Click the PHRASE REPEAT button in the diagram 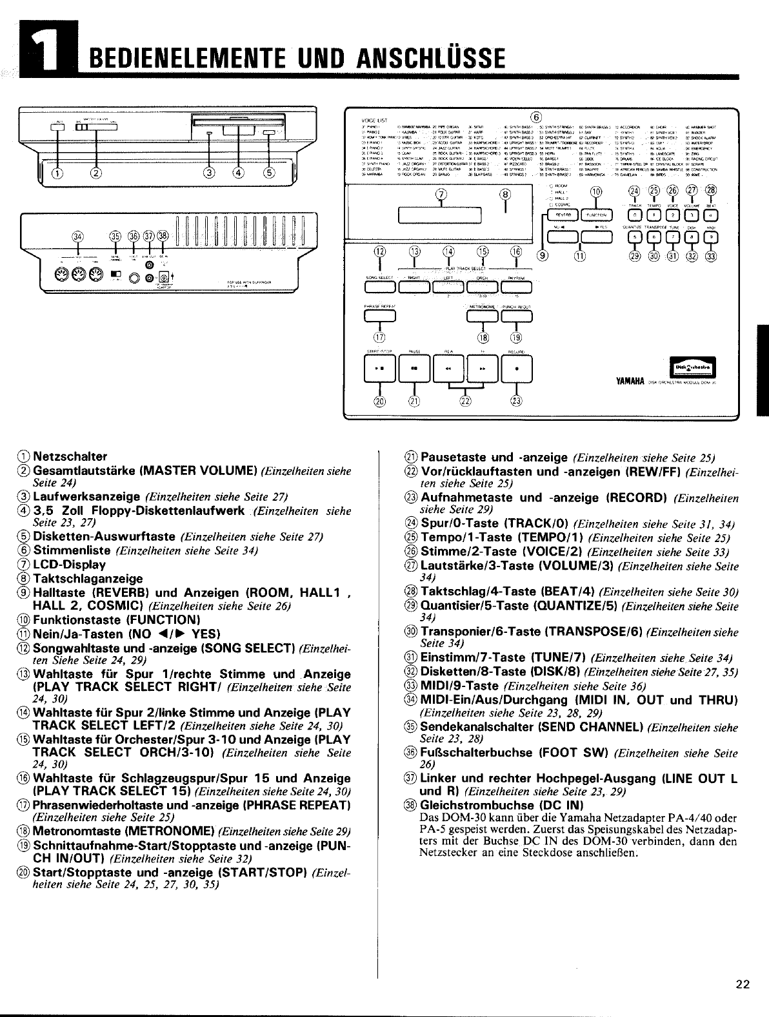tap(379, 315)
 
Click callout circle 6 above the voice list tap(534, 117)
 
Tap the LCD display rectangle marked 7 tap(441, 215)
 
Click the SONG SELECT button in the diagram tap(379, 286)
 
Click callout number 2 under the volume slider tap(97, 171)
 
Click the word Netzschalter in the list tap(70, 456)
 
